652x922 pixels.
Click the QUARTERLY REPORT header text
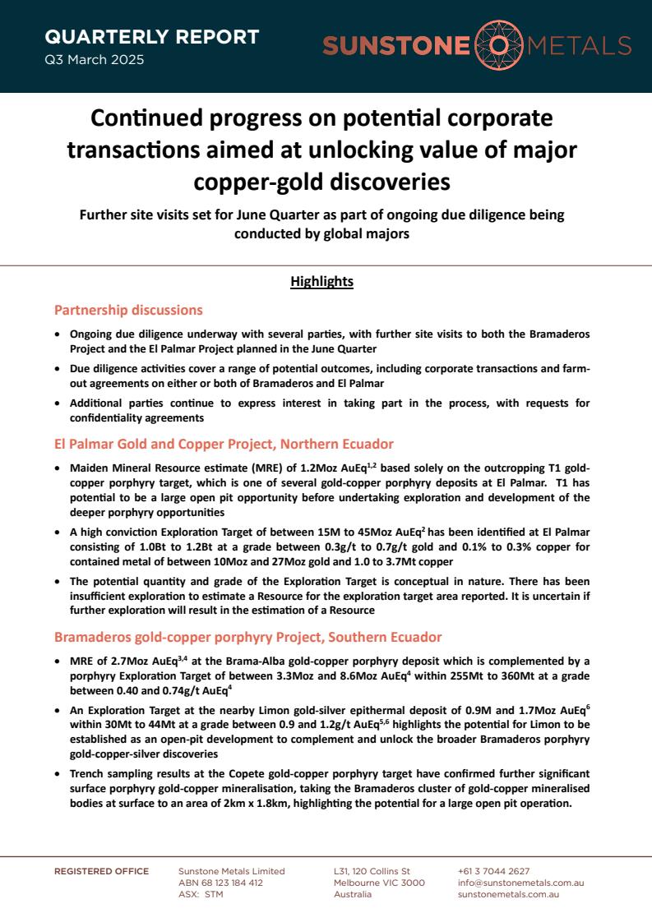coord(151,37)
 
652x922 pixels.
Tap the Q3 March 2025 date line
coord(94,60)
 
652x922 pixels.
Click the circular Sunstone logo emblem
coord(498,46)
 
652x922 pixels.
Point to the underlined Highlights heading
coord(321,282)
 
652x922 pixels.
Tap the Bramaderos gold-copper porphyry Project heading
coord(247,637)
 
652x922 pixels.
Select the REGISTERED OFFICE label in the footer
coord(102,871)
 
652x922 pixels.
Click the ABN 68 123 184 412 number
coord(220,883)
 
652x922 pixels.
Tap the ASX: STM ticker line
coord(201,894)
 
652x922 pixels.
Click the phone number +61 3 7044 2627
coord(493,871)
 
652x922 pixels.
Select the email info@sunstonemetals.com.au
coord(520,883)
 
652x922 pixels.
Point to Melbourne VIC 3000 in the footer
coord(379,883)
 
